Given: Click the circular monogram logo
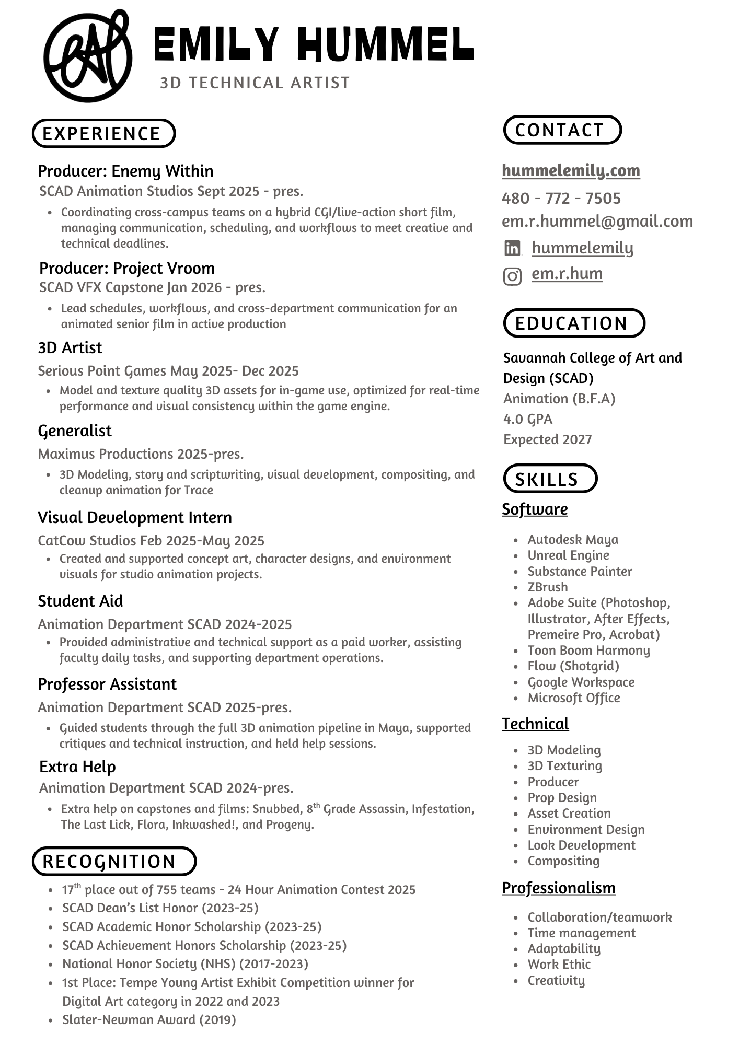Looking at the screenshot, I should (87, 56).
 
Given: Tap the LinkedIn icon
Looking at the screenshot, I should (512, 248).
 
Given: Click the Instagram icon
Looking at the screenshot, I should (512, 276).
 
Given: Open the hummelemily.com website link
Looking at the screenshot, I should (571, 170).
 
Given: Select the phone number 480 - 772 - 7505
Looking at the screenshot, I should (561, 199).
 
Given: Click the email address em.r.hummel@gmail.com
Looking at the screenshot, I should (597, 222).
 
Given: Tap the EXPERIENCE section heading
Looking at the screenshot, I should (103, 134).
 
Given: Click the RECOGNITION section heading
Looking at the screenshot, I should (114, 862).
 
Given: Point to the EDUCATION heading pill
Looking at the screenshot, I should (574, 323).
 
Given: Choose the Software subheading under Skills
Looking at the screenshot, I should (535, 509).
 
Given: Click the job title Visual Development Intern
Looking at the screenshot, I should (135, 518).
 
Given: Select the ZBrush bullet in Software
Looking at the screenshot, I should (547, 587).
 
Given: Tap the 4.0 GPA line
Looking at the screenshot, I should (528, 419).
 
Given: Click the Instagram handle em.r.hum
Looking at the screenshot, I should (567, 274).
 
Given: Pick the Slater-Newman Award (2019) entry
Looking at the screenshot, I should (149, 1020).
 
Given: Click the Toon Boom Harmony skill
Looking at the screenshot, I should (588, 651).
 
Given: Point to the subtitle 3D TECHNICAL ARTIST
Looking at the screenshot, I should (255, 83).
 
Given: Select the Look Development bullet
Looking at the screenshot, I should (581, 845).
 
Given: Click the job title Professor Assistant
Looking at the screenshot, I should (107, 684).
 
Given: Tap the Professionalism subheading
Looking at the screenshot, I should (558, 888).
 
